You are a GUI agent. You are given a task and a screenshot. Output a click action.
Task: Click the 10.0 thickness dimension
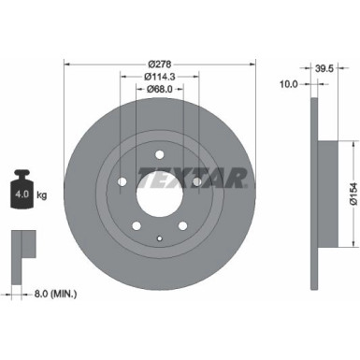pyautogui.click(x=289, y=84)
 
